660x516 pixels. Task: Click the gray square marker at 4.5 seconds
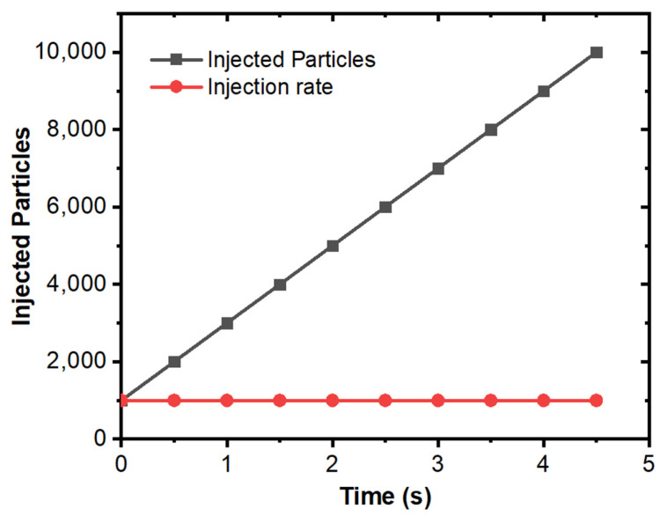click(596, 52)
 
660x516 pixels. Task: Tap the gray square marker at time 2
click(333, 246)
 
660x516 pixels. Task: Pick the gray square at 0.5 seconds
click(174, 362)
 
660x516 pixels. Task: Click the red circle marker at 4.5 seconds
click(596, 400)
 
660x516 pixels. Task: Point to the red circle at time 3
click(438, 400)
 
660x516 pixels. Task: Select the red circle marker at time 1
click(227, 400)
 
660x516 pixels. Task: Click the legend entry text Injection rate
click(270, 88)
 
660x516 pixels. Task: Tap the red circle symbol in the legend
click(176, 88)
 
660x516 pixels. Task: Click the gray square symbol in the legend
click(176, 61)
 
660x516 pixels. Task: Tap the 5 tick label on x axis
click(649, 461)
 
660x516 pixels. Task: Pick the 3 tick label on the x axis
click(438, 461)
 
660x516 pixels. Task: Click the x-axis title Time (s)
click(385, 495)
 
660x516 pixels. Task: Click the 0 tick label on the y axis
click(100, 439)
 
